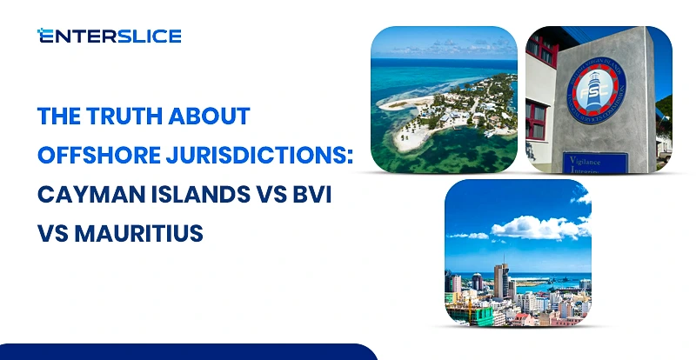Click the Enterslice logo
[x=109, y=36]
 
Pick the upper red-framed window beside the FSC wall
[x=536, y=60]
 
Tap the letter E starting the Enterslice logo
[x=43, y=36]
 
